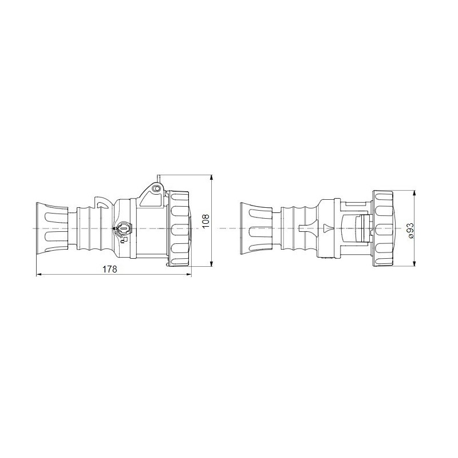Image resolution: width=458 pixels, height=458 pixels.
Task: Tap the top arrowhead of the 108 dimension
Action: pos(212,177)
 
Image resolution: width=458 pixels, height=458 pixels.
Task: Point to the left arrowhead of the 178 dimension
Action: pos(39,275)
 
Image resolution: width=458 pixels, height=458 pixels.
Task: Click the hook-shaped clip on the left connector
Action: pos(102,203)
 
